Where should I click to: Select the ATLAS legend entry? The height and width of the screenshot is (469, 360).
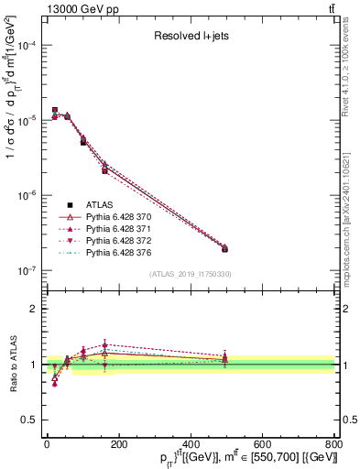98,204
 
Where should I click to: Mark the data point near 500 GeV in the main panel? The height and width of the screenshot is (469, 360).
224,248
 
